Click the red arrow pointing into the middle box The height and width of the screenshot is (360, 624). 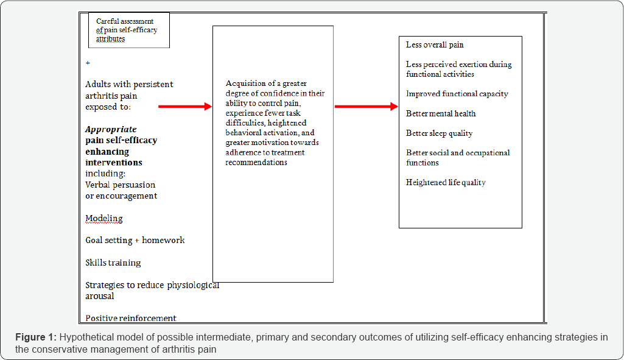click(184, 107)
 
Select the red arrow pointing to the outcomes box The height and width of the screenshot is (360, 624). click(365, 107)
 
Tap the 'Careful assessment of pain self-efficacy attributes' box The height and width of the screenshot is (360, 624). click(128, 30)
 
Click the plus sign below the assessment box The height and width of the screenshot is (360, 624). click(88, 63)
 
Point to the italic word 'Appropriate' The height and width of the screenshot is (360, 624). click(111, 129)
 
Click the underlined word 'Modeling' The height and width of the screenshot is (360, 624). click(104, 218)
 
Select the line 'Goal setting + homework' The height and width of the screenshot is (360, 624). click(135, 240)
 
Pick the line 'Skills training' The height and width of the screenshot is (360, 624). click(113, 263)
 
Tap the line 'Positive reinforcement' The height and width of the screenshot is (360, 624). click(131, 318)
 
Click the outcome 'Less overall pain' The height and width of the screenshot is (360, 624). click(435, 44)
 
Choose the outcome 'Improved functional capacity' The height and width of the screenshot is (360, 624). click(457, 94)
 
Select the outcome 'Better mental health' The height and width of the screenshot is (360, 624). click(441, 113)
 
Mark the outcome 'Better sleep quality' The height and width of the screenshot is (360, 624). click(439, 133)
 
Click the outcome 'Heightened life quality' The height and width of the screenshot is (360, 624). click(446, 182)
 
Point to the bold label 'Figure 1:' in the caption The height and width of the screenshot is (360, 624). click(37, 337)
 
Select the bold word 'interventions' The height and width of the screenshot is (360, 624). click(114, 163)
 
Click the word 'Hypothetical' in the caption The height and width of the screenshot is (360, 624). click(86, 337)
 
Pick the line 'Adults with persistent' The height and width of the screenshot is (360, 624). click(129, 85)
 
